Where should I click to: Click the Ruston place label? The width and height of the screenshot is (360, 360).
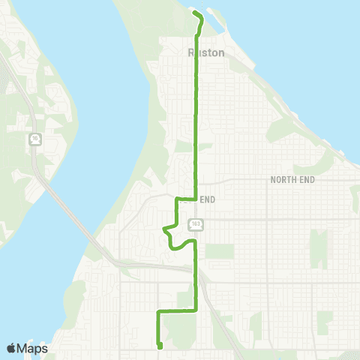[x=202, y=53]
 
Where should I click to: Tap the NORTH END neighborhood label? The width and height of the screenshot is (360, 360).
[x=292, y=180]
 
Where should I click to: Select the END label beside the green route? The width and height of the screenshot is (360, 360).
[x=208, y=199]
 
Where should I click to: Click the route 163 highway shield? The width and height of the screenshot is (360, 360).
[x=195, y=223]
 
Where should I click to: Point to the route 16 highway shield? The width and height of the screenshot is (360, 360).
[x=35, y=139]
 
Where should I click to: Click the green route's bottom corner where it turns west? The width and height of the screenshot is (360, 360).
[x=196, y=309]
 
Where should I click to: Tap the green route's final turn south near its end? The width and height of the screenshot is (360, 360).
[x=157, y=310]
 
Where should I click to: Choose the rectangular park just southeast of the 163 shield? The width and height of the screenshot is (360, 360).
[x=219, y=251]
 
